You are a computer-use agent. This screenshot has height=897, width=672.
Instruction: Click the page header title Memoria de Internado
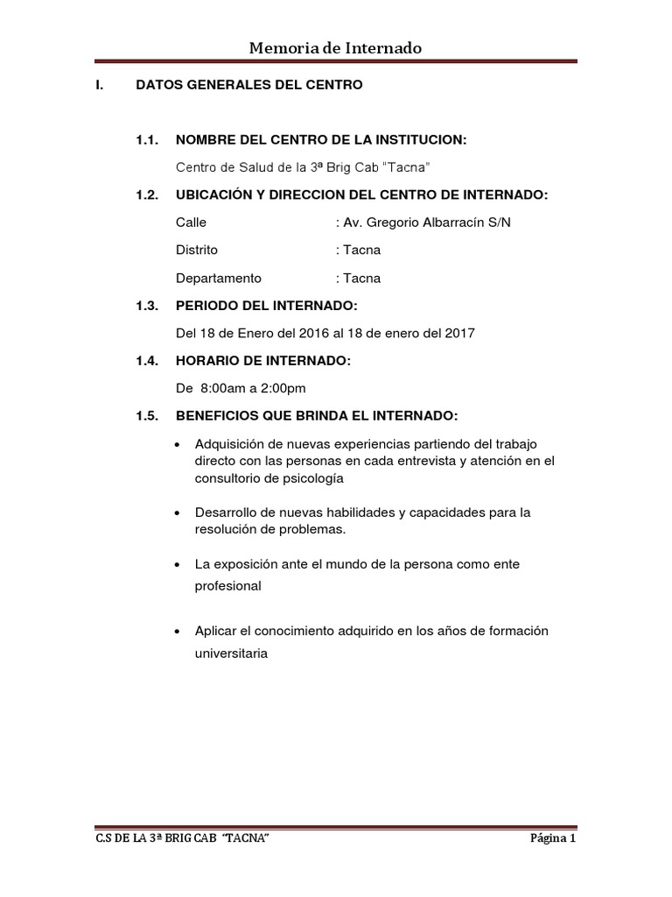[336, 48]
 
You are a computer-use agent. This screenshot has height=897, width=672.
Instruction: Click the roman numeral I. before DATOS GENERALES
[99, 86]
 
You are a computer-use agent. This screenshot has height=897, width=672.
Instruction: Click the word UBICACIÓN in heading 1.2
[217, 194]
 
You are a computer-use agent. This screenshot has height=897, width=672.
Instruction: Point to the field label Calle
[192, 222]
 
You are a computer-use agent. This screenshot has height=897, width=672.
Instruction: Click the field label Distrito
[197, 251]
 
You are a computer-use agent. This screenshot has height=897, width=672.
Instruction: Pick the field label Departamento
[219, 279]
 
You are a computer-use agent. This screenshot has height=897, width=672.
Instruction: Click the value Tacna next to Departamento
[363, 279]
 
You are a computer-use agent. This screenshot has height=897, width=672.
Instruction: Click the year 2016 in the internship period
[311, 334]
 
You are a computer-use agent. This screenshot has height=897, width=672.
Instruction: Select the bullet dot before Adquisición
[178, 443]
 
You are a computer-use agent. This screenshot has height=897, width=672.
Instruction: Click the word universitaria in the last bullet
[230, 653]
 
